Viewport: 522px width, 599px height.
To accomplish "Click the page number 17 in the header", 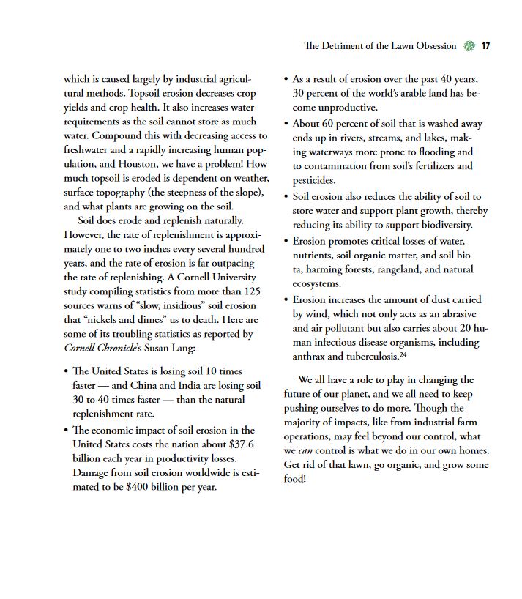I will tap(485, 46).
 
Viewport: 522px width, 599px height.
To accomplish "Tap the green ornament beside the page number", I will tap(469, 46).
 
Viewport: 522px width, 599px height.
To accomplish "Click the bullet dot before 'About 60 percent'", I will tap(286, 123).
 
